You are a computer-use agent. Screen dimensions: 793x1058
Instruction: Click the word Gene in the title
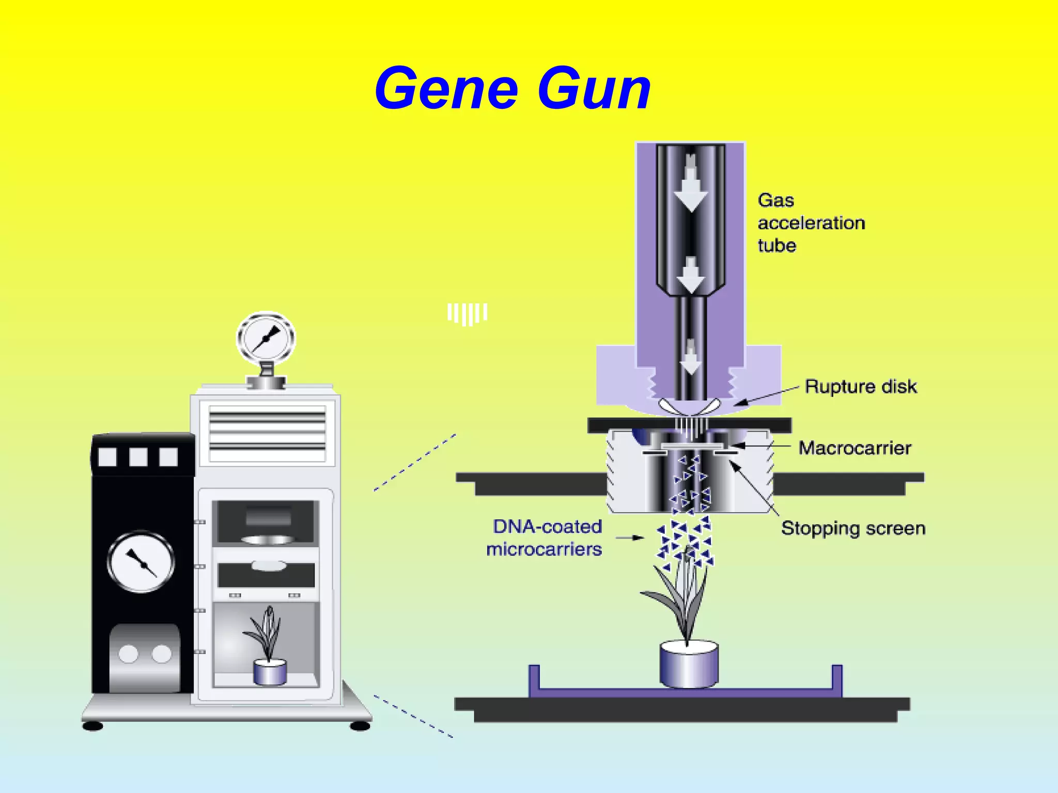[x=446, y=89]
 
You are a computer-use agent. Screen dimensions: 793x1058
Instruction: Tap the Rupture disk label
[x=860, y=387]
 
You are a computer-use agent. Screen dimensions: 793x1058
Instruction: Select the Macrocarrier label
[x=854, y=448]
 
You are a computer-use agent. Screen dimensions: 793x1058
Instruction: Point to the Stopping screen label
[x=853, y=528]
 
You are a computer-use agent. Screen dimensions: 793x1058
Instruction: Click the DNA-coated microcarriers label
[x=545, y=537]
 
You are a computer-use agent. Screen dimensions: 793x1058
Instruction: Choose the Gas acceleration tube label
[x=811, y=223]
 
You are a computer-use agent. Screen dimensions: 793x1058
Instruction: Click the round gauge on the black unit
[x=141, y=562]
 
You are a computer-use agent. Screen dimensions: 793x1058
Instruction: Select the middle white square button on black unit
[x=138, y=457]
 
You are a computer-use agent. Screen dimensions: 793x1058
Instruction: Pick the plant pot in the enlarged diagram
[x=689, y=664]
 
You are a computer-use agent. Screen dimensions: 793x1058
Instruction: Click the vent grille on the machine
[x=267, y=433]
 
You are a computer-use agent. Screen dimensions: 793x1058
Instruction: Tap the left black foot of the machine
[x=93, y=726]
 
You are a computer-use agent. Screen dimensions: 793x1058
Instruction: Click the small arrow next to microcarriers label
[x=630, y=538]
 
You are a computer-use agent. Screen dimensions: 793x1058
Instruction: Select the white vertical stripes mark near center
[x=467, y=313]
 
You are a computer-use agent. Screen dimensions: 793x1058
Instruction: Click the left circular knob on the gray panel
[x=129, y=654]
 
